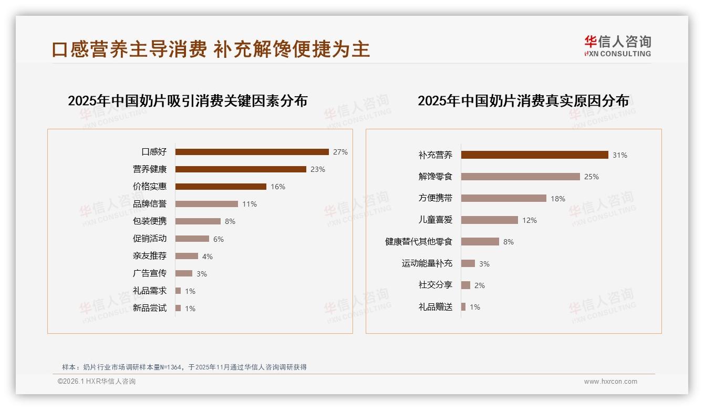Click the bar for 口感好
coord(252,152)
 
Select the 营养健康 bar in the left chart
coord(241,169)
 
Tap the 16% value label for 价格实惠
coord(278,187)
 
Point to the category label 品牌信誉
coord(150,204)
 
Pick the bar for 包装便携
coord(198,221)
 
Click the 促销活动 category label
coord(150,239)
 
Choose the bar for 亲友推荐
coord(187,256)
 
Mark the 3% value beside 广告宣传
coord(202,274)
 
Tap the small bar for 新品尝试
coord(178,308)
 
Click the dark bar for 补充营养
coord(534,155)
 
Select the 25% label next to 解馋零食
coord(592,177)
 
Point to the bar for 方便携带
coord(503,198)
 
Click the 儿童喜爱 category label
coord(436,220)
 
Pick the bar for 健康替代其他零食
coord(480,242)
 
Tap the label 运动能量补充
coord(427,263)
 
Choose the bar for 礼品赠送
coord(463,307)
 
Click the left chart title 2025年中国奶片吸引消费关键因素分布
coord(188,101)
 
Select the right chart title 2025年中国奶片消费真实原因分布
coord(523,101)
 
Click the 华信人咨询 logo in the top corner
coord(617,46)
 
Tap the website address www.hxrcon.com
coord(610,382)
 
